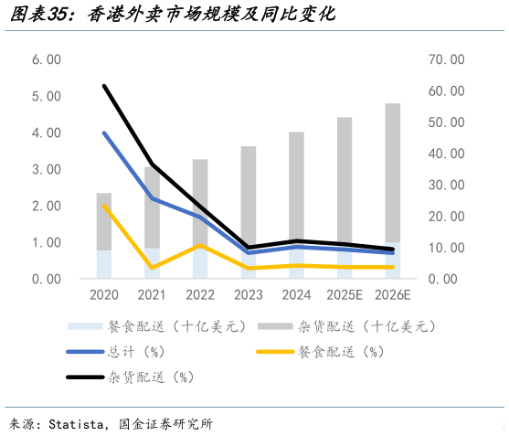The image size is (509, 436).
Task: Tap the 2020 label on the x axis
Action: tap(104, 295)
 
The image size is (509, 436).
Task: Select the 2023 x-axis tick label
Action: tap(248, 295)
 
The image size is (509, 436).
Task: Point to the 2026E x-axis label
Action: tap(392, 295)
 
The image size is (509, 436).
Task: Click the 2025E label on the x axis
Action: tap(344, 295)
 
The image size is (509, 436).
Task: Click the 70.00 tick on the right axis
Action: tap(447, 59)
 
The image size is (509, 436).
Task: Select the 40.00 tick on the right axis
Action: tap(447, 154)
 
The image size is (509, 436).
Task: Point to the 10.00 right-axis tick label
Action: tap(447, 248)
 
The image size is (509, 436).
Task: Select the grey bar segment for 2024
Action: tap(296, 187)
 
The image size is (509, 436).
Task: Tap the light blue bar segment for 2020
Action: tap(104, 264)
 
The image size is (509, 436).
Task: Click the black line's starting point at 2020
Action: tap(104, 86)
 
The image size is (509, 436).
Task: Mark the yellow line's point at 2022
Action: tap(200, 245)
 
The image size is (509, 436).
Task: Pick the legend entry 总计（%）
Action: tap(136, 351)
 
